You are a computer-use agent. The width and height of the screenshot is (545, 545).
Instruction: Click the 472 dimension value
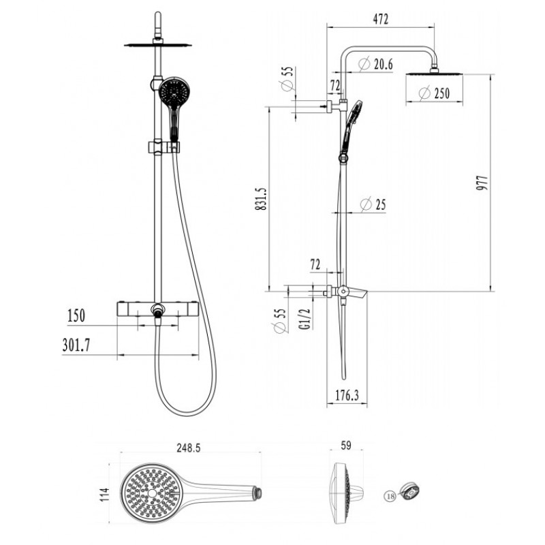pyautogui.click(x=381, y=19)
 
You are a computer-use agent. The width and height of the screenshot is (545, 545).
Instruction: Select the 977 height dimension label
pyautogui.click(x=482, y=183)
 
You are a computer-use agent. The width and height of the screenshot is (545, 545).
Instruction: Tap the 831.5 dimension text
pyautogui.click(x=261, y=199)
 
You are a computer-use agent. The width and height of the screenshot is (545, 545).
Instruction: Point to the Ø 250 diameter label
pyautogui.click(x=434, y=93)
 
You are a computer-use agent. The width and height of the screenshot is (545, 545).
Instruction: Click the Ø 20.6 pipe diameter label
pyautogui.click(x=376, y=64)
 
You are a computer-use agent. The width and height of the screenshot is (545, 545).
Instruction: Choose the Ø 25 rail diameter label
pyautogui.click(x=373, y=204)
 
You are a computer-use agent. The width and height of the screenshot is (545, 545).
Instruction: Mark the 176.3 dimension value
pyautogui.click(x=347, y=395)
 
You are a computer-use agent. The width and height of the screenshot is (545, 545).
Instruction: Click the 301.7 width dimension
pyautogui.click(x=76, y=345)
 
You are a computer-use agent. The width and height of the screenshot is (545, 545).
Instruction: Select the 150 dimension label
pyautogui.click(x=76, y=315)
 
